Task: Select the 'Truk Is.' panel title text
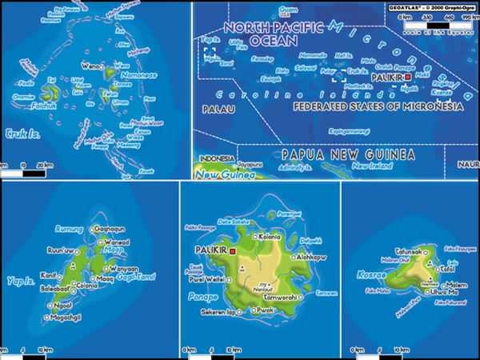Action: [21, 134]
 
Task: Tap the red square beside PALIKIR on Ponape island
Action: [232, 251]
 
